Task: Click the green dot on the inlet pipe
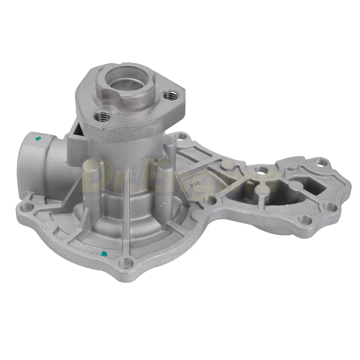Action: [x=37, y=139]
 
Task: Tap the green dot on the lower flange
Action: [x=105, y=254]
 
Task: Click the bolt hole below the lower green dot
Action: [x=127, y=262]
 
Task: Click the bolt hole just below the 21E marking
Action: [x=210, y=200]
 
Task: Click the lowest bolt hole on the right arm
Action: [x=305, y=219]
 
